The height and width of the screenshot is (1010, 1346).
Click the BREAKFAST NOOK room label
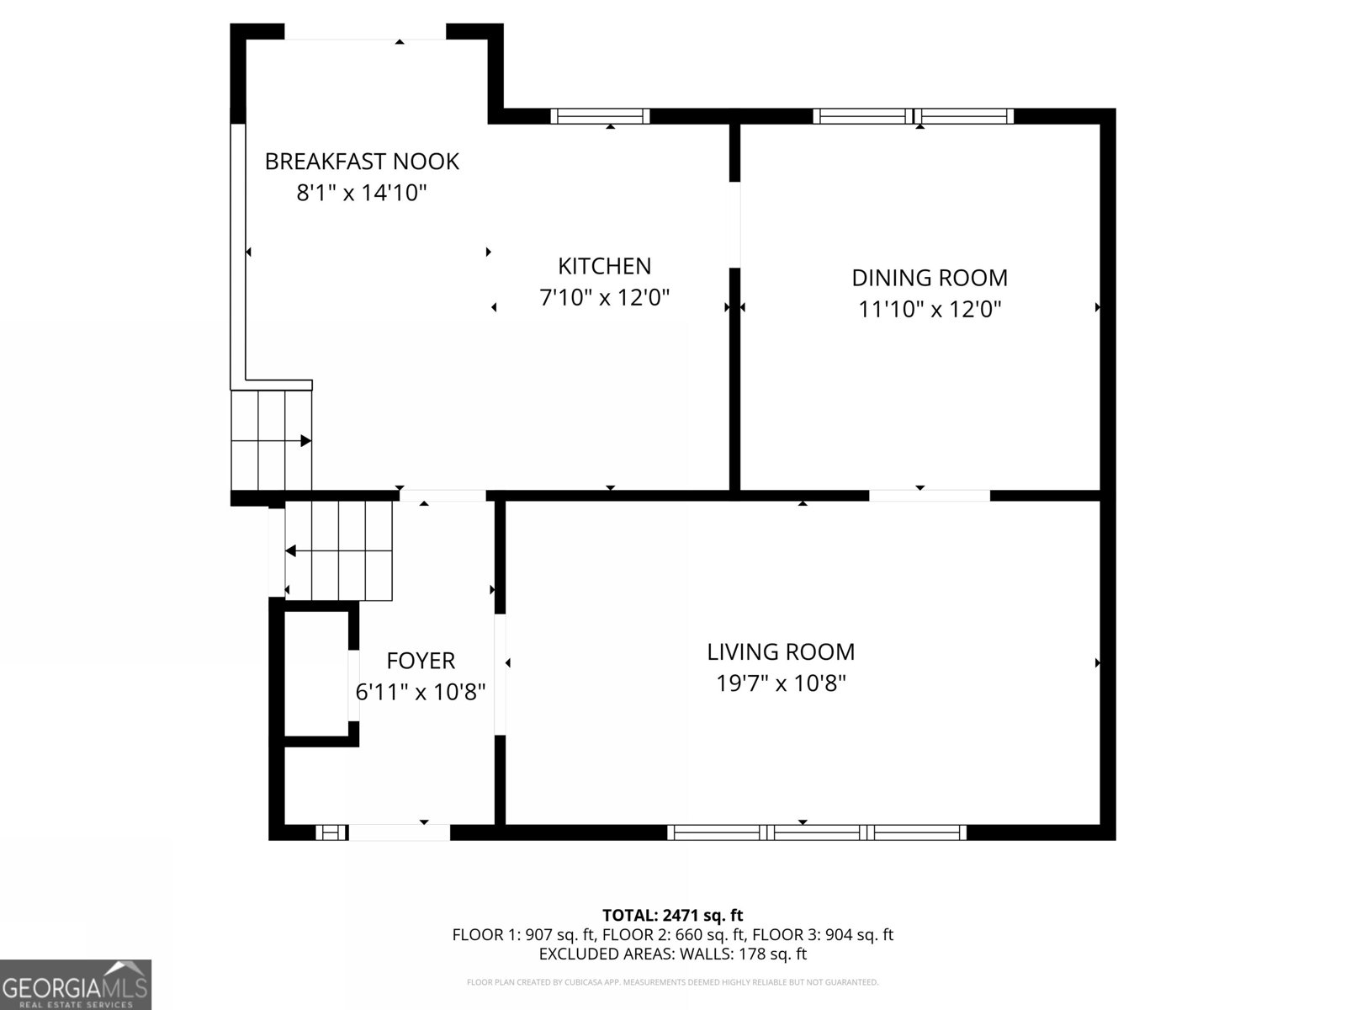pos(362,161)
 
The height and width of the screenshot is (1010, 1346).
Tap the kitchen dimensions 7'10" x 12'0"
pos(604,297)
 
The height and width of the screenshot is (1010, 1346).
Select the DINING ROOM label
pos(930,278)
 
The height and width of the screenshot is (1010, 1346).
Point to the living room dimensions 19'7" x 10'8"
pos(781,683)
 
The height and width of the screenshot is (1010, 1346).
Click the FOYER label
pos(421,661)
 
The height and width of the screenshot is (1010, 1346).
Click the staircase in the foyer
pos(339,550)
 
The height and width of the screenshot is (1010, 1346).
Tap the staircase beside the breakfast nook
pos(272,440)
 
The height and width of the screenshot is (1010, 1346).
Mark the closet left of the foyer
pos(316,673)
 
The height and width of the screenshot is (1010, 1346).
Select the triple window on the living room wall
pos(817,832)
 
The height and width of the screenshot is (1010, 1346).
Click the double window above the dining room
pos(913,116)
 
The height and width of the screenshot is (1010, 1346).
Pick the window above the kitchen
pos(600,116)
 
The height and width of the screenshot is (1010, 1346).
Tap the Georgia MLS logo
pos(76,984)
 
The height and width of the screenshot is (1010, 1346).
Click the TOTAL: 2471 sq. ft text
pos(672,915)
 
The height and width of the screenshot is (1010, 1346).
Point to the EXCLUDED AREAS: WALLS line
pos(672,954)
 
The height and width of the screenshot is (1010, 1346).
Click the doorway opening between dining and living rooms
pos(930,495)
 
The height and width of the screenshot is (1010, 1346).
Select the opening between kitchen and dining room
pos(734,225)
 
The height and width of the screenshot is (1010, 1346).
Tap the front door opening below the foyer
pos(399,832)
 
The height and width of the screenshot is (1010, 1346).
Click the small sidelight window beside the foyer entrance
pos(331,832)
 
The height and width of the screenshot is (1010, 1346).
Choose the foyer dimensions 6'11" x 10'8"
pos(421,692)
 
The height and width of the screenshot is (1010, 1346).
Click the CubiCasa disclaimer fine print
pos(672,982)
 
